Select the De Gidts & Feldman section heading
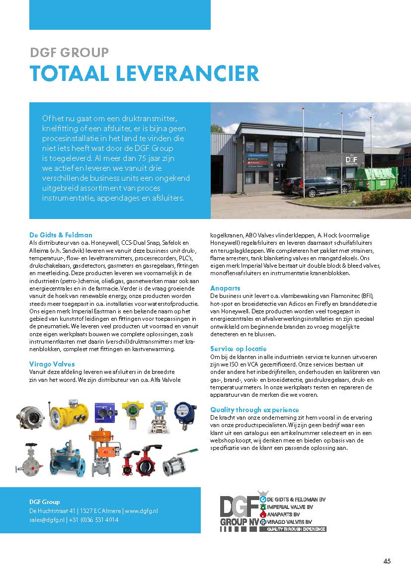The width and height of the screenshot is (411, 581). (61, 235)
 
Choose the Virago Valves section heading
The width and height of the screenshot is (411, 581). (52, 364)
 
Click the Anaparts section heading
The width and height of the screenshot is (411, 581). (225, 288)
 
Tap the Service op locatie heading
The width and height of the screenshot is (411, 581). (238, 349)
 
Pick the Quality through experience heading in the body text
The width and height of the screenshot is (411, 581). (254, 410)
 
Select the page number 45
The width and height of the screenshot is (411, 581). (387, 561)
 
